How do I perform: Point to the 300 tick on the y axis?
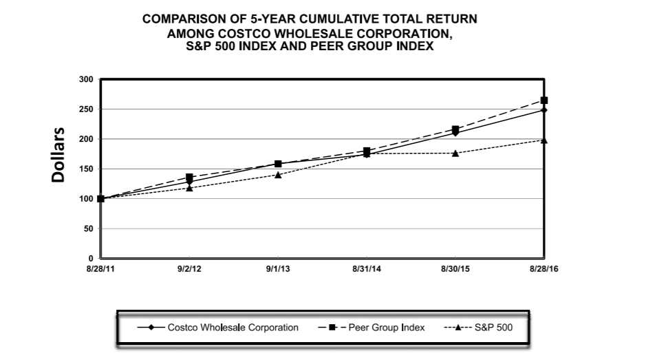[86, 79]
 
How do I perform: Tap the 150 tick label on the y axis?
[86, 169]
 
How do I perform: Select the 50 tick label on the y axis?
[88, 229]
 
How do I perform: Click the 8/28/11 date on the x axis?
[100, 268]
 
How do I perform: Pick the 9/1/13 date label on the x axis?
[278, 268]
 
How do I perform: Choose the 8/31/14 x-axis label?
[367, 268]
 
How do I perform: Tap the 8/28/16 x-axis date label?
[543, 268]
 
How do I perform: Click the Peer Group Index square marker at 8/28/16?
[544, 100]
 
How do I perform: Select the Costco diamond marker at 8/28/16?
[544, 110]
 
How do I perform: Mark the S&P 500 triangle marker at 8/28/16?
[544, 140]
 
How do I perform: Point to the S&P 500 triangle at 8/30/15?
[455, 153]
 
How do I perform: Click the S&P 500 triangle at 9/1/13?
[278, 174]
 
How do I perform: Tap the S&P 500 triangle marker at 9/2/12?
[189, 187]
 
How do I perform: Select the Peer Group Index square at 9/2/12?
[189, 177]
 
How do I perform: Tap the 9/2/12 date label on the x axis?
[189, 268]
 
